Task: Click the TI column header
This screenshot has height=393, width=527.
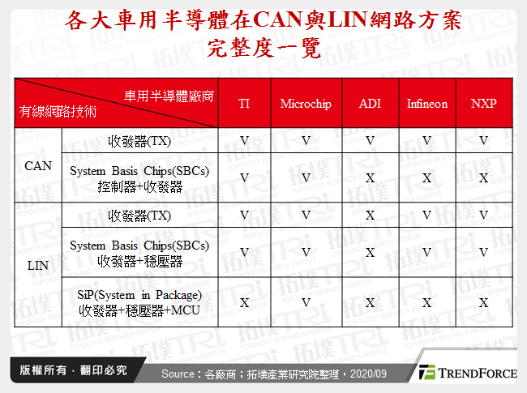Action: tap(244, 104)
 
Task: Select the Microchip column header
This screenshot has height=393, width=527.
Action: tap(306, 104)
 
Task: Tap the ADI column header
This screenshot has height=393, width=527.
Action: tap(370, 104)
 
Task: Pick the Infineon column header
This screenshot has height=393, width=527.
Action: tap(426, 104)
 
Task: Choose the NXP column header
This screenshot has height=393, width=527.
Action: tap(483, 104)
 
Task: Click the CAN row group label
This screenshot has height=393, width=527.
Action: tap(37, 165)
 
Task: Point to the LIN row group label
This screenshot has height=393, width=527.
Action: tap(37, 265)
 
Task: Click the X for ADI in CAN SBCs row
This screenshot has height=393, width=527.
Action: tap(370, 177)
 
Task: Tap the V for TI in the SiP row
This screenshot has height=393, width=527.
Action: tap(244, 302)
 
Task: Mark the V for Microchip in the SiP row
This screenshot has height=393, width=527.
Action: tap(306, 302)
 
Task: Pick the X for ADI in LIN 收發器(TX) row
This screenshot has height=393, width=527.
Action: tap(370, 215)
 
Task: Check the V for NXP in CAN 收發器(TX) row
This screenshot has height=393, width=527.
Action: tap(483, 140)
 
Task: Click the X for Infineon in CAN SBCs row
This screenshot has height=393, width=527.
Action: tap(426, 177)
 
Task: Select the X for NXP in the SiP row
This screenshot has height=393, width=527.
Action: tap(483, 302)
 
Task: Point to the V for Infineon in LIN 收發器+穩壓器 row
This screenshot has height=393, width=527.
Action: tap(426, 252)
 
